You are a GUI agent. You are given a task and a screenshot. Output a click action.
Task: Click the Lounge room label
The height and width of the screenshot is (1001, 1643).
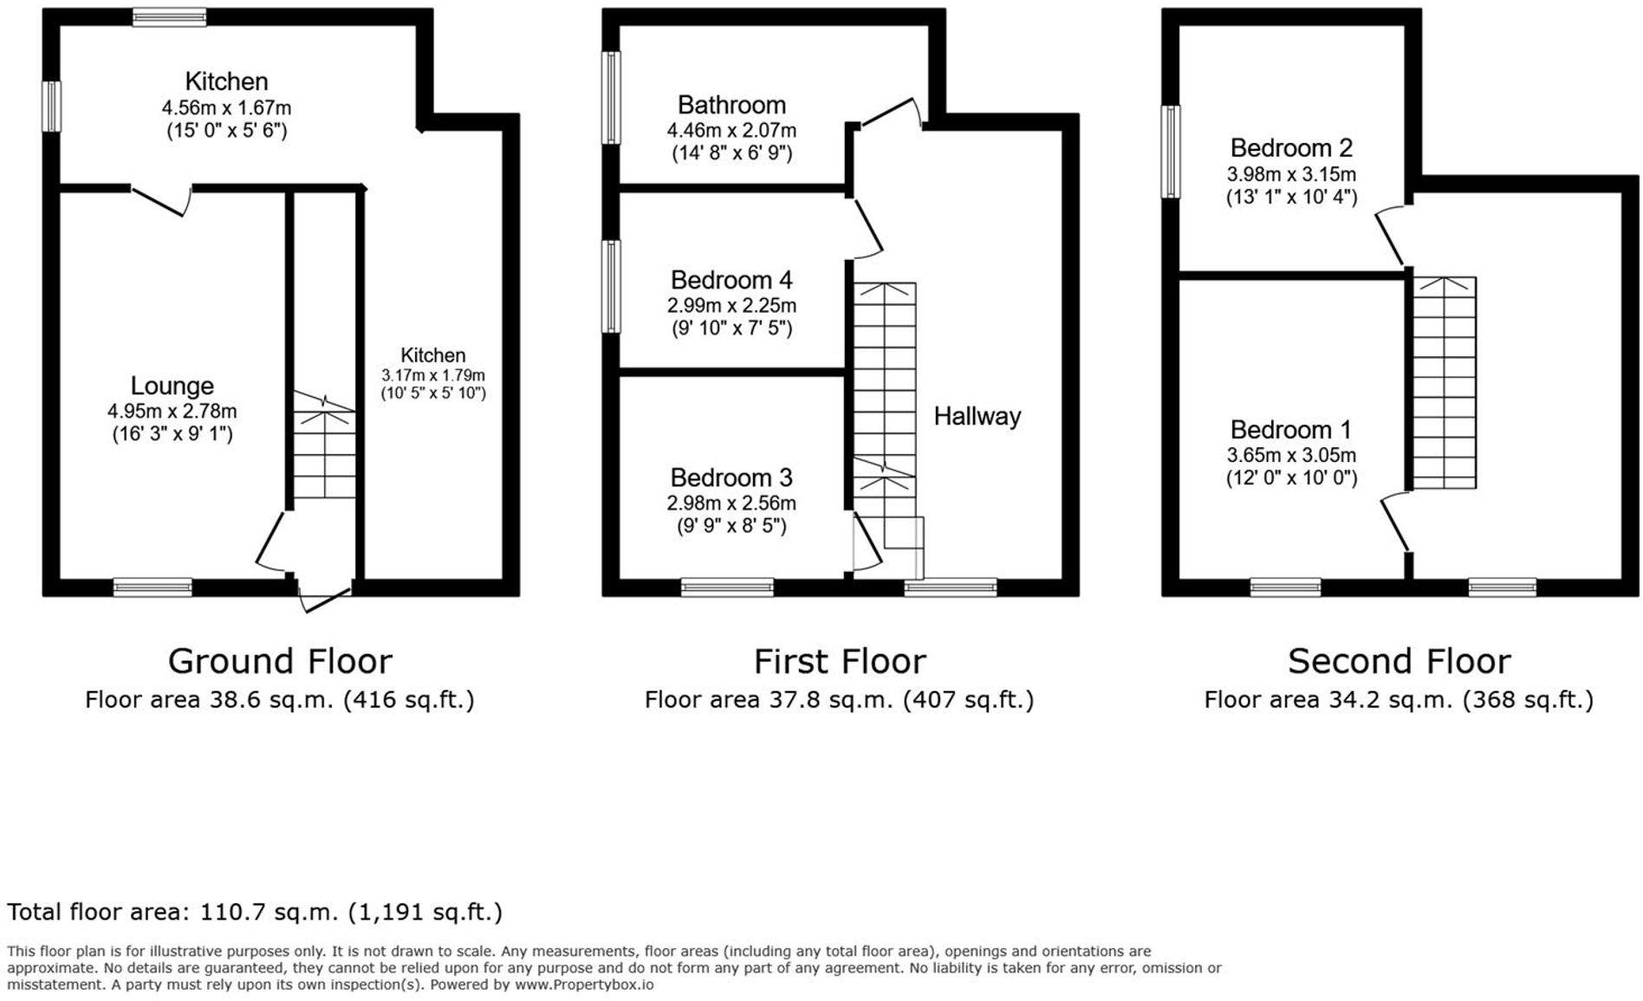(172, 386)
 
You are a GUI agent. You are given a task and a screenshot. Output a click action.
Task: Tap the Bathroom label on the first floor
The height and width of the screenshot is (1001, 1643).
(731, 105)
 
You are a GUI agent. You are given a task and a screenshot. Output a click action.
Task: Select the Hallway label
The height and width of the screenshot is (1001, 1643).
(977, 417)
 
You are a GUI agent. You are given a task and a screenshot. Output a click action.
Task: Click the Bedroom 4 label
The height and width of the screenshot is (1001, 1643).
(731, 280)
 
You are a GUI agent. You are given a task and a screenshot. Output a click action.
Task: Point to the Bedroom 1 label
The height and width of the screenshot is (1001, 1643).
(1290, 430)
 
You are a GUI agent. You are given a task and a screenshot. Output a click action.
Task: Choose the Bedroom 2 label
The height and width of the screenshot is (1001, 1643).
(1290, 147)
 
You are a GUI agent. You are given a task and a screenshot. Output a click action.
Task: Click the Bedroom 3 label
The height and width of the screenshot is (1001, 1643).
(731, 478)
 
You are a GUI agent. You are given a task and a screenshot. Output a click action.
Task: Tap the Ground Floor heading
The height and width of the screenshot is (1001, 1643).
(280, 661)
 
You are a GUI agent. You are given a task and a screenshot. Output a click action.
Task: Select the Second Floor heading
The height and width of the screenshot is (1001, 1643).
(1399, 661)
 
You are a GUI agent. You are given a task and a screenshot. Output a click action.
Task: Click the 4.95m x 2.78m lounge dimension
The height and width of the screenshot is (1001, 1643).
(172, 412)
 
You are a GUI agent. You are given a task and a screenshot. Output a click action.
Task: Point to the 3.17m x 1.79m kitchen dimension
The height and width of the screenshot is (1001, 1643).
(433, 375)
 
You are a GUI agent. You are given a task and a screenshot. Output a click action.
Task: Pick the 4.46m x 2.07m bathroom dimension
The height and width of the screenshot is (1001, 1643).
(731, 131)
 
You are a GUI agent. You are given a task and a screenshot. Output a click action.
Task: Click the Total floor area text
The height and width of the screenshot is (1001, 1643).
(255, 912)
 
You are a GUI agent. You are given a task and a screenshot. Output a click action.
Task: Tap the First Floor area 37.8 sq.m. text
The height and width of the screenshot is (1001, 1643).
(839, 699)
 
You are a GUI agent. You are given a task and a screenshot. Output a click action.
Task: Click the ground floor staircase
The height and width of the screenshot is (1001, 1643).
(324, 451)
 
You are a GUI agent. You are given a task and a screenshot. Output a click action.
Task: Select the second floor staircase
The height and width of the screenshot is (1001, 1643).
(1445, 381)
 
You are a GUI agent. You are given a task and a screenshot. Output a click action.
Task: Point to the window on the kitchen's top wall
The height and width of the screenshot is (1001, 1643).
(169, 17)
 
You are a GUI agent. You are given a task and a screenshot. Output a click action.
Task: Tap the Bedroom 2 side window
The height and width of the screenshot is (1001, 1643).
(1171, 152)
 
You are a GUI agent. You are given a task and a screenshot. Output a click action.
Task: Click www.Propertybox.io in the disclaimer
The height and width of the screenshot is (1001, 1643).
(584, 985)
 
